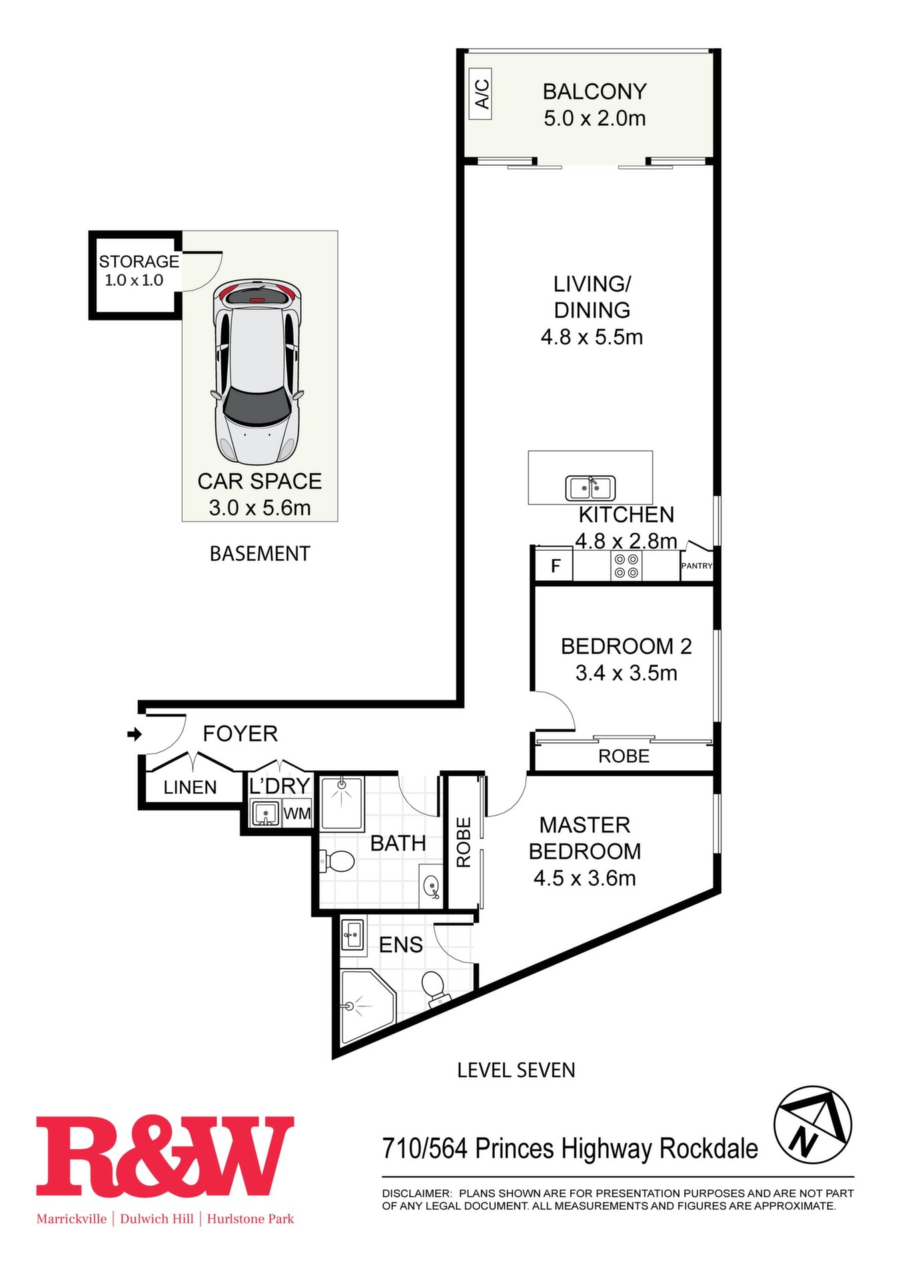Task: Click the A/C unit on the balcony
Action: click(481, 94)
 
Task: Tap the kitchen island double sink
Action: click(590, 488)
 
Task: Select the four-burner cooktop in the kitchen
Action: click(626, 566)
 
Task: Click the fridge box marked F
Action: click(555, 566)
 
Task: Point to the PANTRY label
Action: click(697, 566)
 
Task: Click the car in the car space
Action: click(256, 372)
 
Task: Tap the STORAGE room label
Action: click(139, 261)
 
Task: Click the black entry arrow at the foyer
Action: click(134, 734)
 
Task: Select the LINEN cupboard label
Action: click(190, 787)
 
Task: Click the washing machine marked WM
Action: click(297, 813)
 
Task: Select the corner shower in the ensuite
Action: click(366, 1005)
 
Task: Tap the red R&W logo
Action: click(165, 1156)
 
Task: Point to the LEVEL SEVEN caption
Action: click(516, 1070)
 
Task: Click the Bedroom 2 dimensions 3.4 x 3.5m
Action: click(626, 673)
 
